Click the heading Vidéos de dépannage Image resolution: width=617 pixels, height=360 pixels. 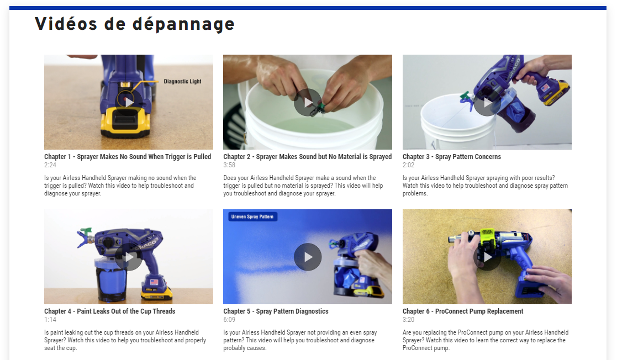(135, 24)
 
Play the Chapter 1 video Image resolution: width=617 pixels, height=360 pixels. (129, 102)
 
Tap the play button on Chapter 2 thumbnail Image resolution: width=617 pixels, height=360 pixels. (308, 102)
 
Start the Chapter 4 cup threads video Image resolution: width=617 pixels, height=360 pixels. (129, 257)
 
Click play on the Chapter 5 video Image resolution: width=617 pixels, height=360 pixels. (308, 257)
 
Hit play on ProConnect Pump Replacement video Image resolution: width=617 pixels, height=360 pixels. (487, 257)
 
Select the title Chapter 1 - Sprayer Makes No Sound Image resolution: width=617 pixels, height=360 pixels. (128, 157)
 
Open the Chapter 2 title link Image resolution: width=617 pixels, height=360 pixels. (307, 157)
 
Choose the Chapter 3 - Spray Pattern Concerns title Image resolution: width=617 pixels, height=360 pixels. (452, 157)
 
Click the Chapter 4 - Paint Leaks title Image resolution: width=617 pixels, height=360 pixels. (109, 311)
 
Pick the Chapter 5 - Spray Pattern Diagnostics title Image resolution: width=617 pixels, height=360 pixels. (276, 311)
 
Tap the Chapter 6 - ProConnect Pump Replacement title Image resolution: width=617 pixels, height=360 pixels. (463, 311)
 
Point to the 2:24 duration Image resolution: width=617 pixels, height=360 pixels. (50, 165)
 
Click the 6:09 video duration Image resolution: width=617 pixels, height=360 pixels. (229, 320)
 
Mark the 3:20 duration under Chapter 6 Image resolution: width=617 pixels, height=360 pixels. (408, 320)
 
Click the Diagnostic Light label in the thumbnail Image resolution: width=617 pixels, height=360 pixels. (183, 82)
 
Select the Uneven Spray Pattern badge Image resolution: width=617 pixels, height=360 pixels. (252, 217)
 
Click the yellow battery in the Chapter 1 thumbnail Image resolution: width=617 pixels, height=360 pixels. (125, 122)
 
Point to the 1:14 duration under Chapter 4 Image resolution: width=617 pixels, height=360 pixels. (50, 320)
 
